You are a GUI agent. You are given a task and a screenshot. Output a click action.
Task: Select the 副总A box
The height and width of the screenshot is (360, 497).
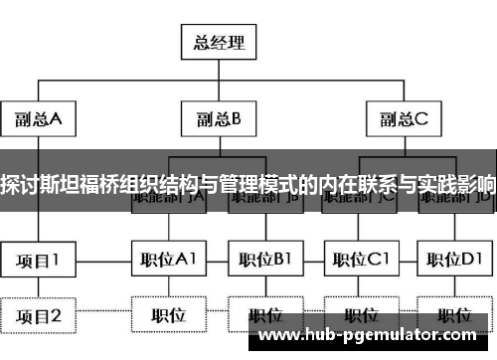click(40, 120)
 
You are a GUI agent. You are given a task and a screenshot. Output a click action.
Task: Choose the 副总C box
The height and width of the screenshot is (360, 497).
click(402, 120)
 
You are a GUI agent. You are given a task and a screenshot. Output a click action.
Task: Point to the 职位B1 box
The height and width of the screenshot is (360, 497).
click(263, 261)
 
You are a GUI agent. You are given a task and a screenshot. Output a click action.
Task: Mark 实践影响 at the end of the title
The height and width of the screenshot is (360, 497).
click(457, 185)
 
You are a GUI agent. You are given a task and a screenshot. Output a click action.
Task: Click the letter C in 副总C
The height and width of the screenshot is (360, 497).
click(421, 120)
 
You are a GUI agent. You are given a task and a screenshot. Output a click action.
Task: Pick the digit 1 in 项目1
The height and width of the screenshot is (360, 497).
click(55, 261)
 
